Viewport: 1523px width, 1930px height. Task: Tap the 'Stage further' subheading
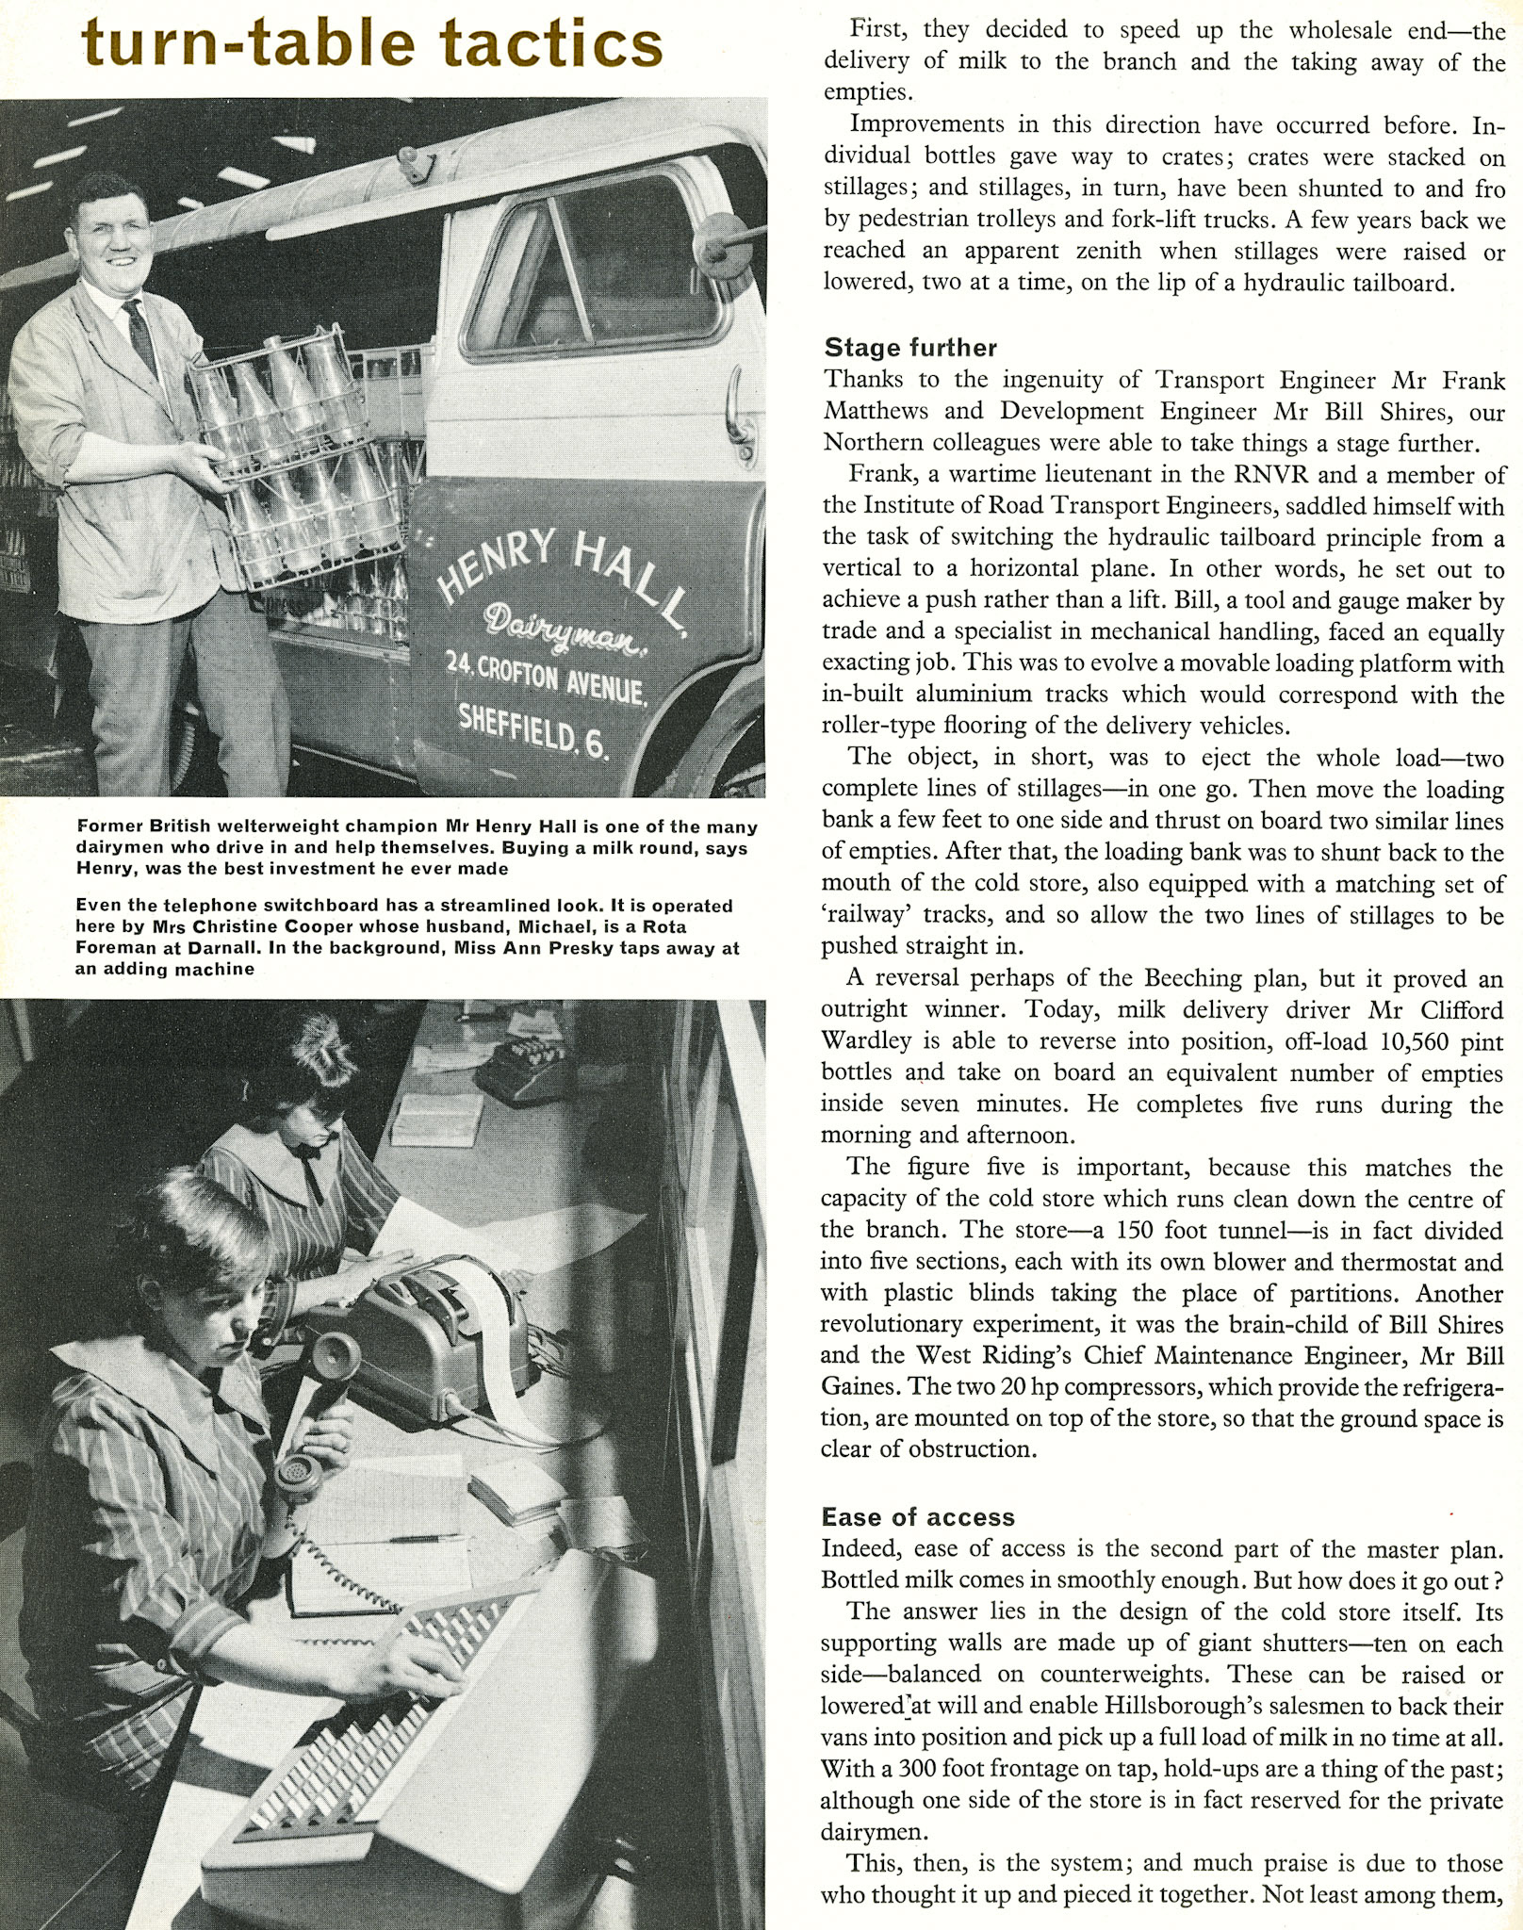tap(909, 348)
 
